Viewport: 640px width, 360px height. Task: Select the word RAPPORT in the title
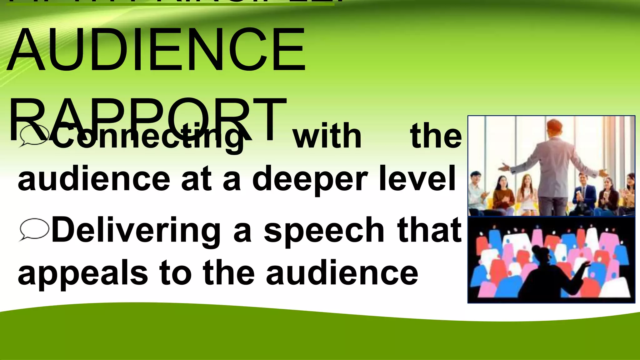click(147, 119)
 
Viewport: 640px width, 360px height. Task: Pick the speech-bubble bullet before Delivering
click(34, 230)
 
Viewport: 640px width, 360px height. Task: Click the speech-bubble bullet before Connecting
click(34, 136)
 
